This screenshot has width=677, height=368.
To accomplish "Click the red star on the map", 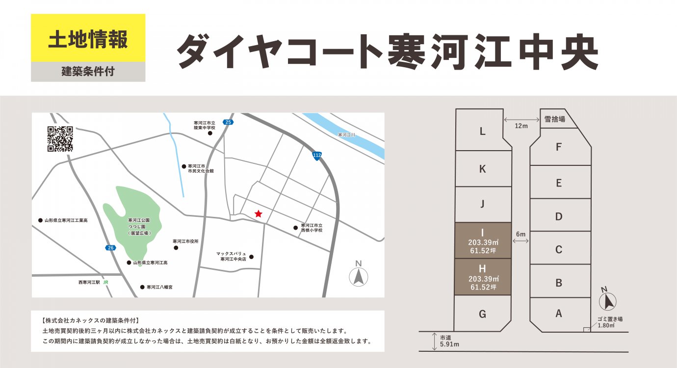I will coord(259,213).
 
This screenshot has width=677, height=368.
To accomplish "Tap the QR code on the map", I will coord(60,139).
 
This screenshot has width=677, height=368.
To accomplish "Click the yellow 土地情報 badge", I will coord(88,38).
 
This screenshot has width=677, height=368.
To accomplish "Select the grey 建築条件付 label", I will coord(88,72).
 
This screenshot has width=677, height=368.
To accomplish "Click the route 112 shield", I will coord(317,155).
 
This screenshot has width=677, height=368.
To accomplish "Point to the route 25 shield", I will coord(228,122).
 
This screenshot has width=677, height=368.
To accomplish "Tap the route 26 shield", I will coord(110,248).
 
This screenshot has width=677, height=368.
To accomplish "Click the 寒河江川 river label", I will coord(346,134).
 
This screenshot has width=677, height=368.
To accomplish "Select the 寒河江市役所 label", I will coord(185,241).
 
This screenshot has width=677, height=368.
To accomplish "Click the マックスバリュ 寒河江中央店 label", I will coord(231,256).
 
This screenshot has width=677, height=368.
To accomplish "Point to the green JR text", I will coord(105,283).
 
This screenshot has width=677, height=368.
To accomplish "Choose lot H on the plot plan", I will coord(482,277).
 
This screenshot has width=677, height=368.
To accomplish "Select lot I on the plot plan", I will coord(482,240).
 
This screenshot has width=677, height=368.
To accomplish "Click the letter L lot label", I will coord(482,131).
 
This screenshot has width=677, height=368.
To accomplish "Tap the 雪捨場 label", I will coord(555,119).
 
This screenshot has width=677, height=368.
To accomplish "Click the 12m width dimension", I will coord(521,126).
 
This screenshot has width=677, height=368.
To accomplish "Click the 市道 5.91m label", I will coord(449,341).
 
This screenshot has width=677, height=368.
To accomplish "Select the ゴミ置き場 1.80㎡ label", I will coord(610,322).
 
